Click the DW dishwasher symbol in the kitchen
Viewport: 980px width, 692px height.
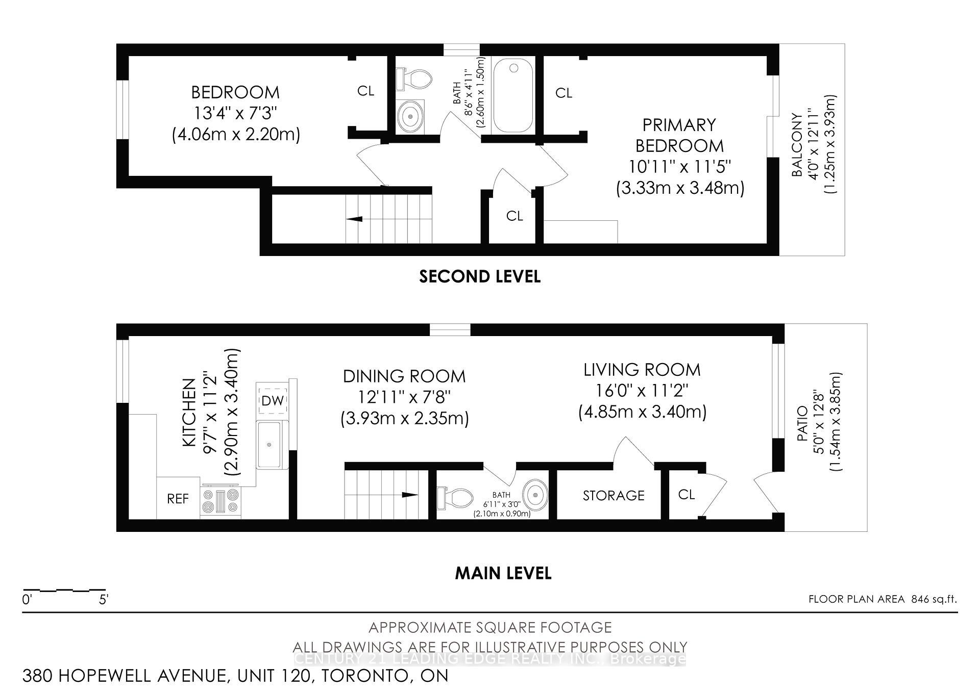tap(273, 401)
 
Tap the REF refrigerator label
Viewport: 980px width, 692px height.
tap(178, 499)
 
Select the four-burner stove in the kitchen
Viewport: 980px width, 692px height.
tap(221, 500)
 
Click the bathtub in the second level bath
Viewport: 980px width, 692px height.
tap(513, 95)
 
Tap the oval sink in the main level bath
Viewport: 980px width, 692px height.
tap(536, 494)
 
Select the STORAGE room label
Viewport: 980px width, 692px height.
tap(614, 496)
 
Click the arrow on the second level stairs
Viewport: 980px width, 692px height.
tap(355, 219)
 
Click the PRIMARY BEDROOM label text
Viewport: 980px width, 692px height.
tap(679, 135)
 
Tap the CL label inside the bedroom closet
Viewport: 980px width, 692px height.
tap(365, 91)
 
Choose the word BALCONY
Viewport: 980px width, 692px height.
tap(798, 145)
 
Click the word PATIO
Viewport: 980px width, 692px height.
tap(802, 423)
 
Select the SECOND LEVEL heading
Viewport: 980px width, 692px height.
tap(479, 276)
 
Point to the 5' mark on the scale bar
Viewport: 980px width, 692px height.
tap(104, 599)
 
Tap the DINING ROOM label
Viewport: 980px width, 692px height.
tap(404, 376)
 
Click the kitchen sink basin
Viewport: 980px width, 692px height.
tap(269, 445)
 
